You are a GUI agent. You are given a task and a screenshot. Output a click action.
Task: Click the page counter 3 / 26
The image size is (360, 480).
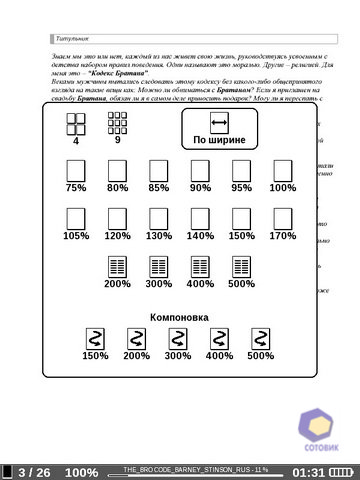[x=34, y=472]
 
